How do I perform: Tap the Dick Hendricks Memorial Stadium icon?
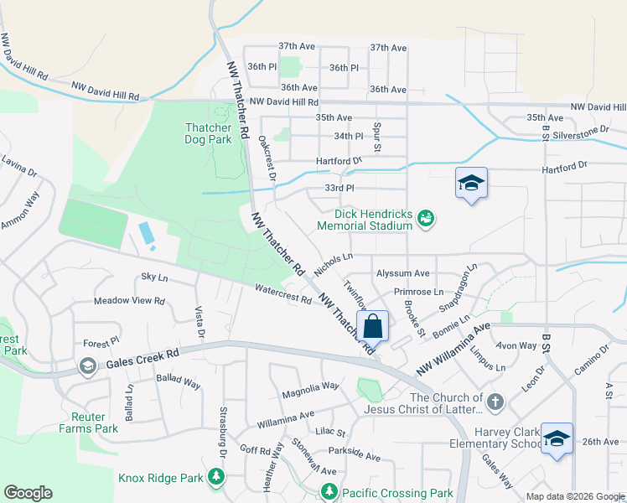tap(426, 219)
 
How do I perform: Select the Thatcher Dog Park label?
tap(208, 133)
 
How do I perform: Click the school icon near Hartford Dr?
tap(471, 183)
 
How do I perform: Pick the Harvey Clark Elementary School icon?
tap(557, 438)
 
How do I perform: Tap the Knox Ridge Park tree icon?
tap(216, 477)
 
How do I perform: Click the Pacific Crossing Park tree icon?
tap(327, 492)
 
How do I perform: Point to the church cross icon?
tap(495, 403)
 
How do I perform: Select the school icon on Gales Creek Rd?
tap(87, 366)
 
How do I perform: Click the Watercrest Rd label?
tap(283, 293)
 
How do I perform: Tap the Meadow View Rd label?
tap(129, 300)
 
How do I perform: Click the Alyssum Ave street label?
tap(402, 273)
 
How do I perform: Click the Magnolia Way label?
tap(310, 386)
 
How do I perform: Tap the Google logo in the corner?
tap(28, 493)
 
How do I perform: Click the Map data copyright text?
tap(575, 496)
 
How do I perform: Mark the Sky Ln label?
tap(154, 277)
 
